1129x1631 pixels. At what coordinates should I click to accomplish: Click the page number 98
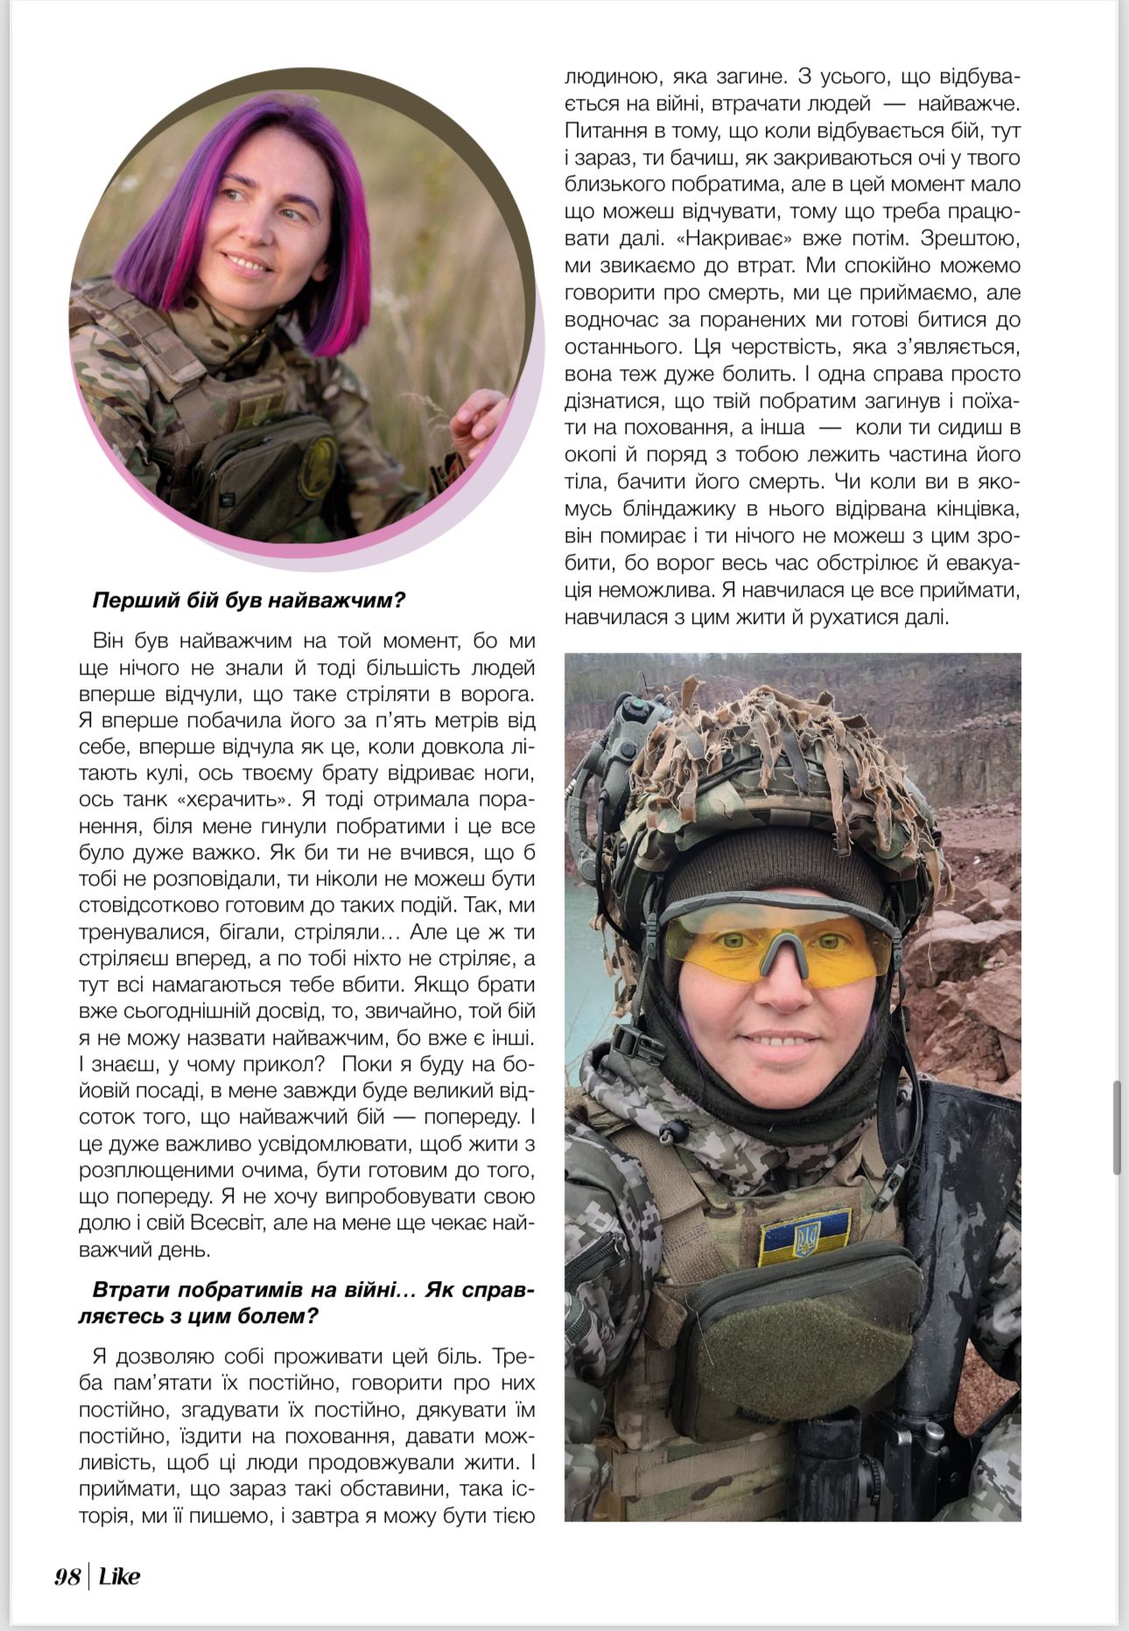click(67, 1577)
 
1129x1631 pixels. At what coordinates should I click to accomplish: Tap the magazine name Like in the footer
click(119, 1577)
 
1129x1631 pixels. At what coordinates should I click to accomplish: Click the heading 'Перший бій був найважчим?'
click(249, 601)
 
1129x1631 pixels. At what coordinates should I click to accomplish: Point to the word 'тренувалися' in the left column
click(137, 931)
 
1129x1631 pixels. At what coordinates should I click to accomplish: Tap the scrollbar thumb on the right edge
click(1117, 1127)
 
